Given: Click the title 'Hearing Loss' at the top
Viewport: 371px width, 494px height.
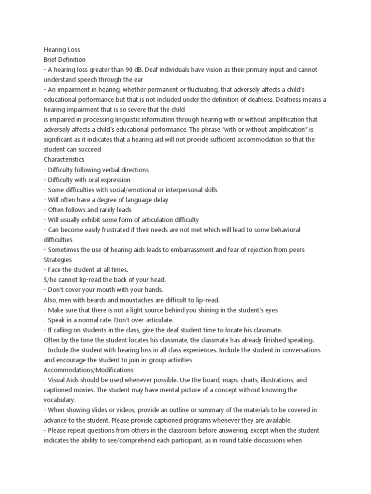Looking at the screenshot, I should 62,49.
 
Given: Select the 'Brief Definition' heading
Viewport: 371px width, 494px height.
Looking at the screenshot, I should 65,59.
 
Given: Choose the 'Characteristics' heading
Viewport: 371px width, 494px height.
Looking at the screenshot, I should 64,159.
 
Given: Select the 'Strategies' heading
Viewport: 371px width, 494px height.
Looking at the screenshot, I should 57,260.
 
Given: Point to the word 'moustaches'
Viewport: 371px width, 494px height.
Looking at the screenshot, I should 152,300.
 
